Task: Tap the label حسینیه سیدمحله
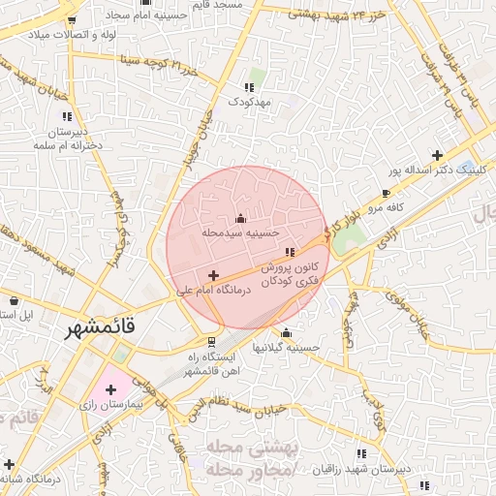pos(240,233)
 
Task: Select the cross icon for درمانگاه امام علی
pos(214,276)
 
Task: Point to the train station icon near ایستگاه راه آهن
pos(211,341)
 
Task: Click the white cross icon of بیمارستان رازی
pos(109,389)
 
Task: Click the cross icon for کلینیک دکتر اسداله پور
pos(438,155)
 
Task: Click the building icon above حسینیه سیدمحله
pos(240,218)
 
